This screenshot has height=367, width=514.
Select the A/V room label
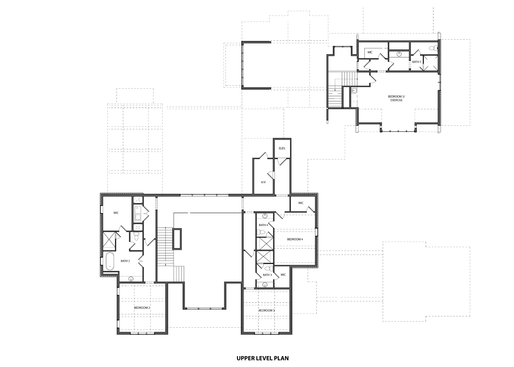tap(263, 182)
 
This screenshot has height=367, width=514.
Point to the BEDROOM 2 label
tap(142, 308)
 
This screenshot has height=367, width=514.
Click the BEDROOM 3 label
tap(267, 310)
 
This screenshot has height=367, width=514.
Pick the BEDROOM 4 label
tap(295, 239)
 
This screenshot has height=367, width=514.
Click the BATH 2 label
tap(125, 261)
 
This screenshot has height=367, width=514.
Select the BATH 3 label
tap(267, 275)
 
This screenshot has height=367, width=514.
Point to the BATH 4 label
tap(264, 225)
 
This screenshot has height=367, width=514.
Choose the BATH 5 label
tap(417, 62)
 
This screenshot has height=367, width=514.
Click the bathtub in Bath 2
tap(110, 261)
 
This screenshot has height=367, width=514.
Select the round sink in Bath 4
tap(265, 216)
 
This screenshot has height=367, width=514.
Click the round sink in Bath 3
tap(265, 285)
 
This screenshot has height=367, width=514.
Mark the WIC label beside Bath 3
tap(283, 275)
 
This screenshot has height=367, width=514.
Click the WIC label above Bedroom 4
tap(301, 203)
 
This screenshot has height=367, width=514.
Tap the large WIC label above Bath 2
tap(116, 213)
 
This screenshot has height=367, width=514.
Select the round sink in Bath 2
tap(131, 279)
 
